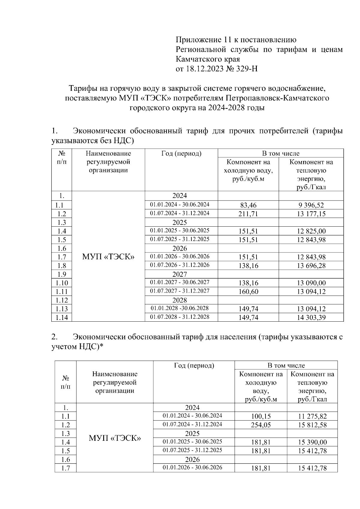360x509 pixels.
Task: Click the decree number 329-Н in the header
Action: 247,69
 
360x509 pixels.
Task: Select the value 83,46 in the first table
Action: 248,205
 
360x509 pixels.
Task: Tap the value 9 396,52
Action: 311,205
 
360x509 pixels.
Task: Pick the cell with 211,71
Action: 248,214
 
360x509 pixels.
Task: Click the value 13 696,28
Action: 311,266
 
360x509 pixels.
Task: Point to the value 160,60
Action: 248,292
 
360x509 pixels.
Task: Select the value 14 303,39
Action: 311,317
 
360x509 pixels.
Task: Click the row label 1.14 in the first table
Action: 61,318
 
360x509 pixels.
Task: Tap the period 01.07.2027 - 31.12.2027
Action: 180,291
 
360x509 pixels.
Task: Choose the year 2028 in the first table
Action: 180,300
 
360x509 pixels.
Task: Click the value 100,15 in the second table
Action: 261,416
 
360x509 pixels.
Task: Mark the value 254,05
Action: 261,425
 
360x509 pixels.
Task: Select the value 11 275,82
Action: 312,416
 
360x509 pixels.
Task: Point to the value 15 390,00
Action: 312,442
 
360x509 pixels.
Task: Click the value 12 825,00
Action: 311,231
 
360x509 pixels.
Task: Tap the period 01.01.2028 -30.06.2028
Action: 180,308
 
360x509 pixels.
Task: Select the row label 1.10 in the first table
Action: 61,283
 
